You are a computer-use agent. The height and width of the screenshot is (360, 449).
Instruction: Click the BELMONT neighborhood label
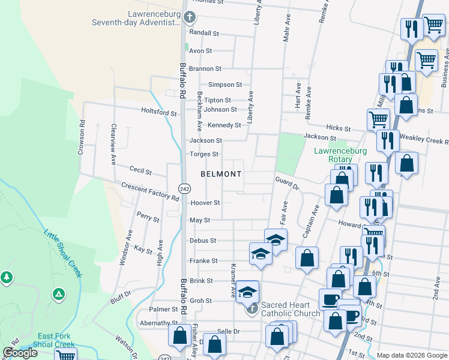(221, 174)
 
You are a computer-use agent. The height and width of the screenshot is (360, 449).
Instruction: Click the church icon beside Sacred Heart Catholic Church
(252, 310)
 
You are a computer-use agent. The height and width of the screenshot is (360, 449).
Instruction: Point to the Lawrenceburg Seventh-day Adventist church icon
(190, 17)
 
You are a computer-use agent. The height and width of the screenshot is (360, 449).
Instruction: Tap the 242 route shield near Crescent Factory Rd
(184, 188)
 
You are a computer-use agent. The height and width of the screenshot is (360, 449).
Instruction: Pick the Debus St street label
(202, 240)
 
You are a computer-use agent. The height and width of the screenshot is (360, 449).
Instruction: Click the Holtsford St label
(158, 112)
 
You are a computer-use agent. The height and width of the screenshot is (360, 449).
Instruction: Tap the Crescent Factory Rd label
(150, 191)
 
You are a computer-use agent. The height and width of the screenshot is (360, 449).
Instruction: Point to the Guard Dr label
(287, 182)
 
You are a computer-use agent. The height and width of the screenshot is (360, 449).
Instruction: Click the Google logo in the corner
(20, 353)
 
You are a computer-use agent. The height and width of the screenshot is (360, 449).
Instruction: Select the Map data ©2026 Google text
(412, 355)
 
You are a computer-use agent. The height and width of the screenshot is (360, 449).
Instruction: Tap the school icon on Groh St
(247, 292)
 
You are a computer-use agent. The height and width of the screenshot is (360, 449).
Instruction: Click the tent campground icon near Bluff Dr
(58, 294)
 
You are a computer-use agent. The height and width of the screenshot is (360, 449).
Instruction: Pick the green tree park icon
(7, 277)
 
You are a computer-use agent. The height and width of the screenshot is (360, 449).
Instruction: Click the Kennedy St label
(224, 125)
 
